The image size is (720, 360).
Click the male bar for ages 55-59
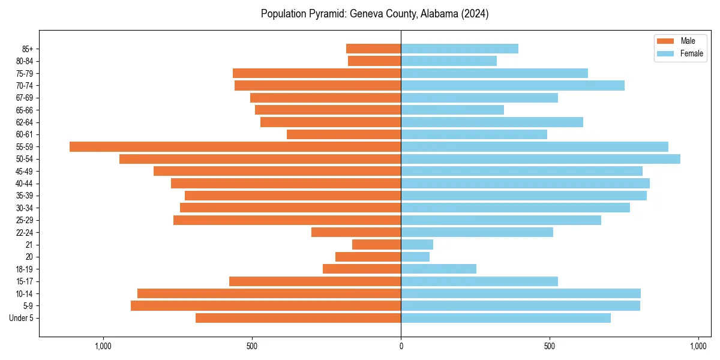coord(235,146)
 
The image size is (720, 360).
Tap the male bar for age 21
coord(376,245)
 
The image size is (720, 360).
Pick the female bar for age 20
coord(415,257)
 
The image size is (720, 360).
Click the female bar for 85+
coord(460,49)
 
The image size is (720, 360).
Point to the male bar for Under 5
coord(298,318)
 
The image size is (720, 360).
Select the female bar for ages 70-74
coord(512,85)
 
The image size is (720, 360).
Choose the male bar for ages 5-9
coord(266,306)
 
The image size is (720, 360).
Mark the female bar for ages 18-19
coord(439,269)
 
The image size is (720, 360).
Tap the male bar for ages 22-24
coord(356,232)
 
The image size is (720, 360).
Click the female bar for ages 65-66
coord(452,110)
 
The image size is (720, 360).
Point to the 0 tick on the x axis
coord(401,346)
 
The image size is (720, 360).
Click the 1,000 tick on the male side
coord(103,346)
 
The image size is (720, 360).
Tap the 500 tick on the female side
coord(550,346)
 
